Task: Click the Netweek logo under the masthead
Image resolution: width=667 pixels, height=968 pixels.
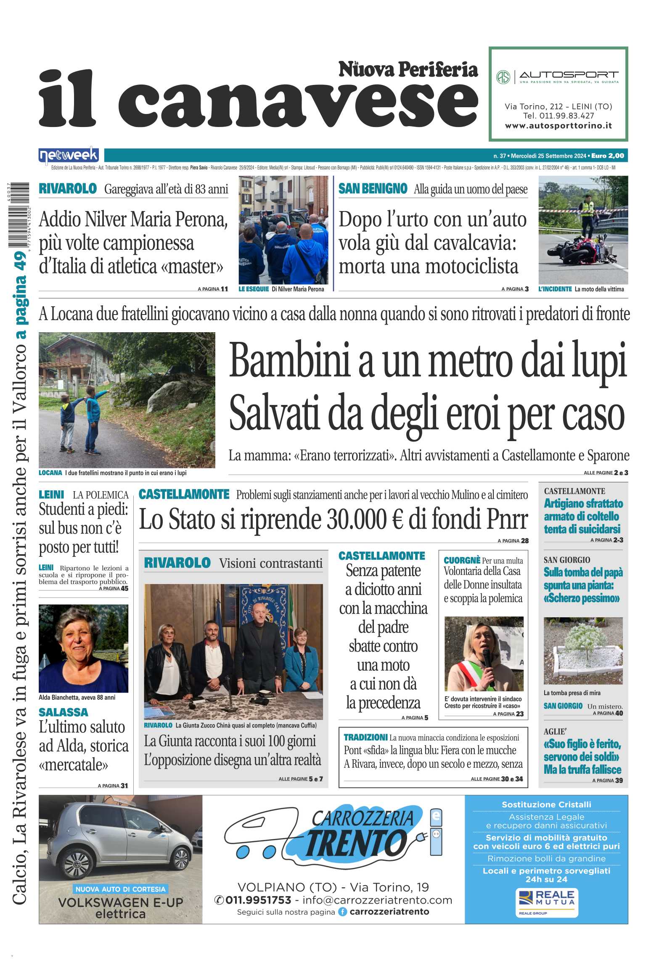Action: pos(69,156)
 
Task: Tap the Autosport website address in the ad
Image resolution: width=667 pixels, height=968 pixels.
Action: pos(558,126)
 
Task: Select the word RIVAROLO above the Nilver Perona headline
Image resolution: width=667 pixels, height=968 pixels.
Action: pos(68,189)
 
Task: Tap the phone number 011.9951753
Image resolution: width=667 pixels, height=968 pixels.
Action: pos(258,900)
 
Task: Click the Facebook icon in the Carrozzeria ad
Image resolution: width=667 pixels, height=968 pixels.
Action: pos(343,912)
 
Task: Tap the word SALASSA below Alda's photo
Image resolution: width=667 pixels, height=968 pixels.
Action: pos(64,712)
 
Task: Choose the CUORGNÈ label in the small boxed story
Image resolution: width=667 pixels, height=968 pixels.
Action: pos(462,560)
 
